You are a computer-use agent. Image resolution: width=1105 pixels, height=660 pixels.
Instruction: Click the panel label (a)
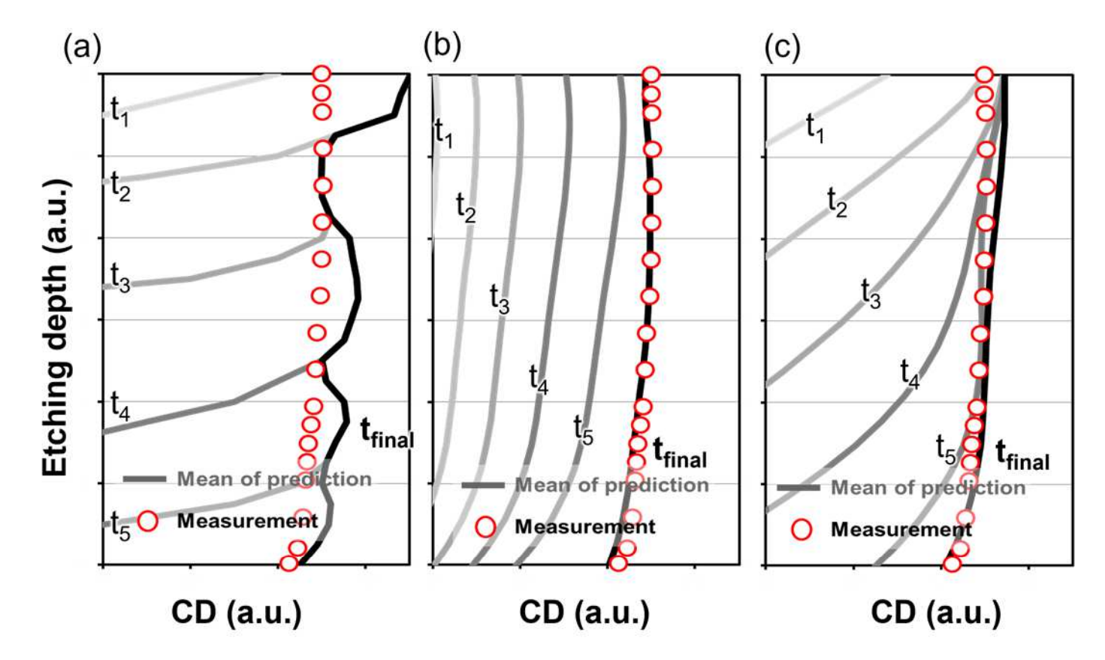[82, 47]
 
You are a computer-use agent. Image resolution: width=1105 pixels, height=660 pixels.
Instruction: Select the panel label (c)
[782, 47]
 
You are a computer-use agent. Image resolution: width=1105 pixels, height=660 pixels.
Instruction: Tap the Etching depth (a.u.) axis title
[56, 327]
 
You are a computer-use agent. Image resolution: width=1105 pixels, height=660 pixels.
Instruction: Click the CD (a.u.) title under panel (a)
[236, 613]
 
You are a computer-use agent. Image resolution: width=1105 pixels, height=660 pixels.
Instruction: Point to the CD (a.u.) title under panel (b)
[584, 613]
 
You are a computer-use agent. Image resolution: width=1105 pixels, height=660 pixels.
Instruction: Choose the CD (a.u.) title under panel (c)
[935, 613]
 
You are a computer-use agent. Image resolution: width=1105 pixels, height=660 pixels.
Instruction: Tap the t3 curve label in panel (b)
[500, 298]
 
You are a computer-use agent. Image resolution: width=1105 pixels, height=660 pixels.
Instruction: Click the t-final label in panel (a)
[387, 433]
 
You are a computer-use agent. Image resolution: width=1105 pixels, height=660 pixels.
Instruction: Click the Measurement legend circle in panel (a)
[148, 521]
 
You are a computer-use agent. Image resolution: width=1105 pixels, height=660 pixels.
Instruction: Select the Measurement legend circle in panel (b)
[485, 527]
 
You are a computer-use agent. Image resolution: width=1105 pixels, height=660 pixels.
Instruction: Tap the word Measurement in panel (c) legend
[901, 529]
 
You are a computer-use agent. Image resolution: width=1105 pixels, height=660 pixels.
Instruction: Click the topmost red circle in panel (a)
[322, 74]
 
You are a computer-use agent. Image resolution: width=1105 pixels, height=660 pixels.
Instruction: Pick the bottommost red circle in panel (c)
[952, 564]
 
